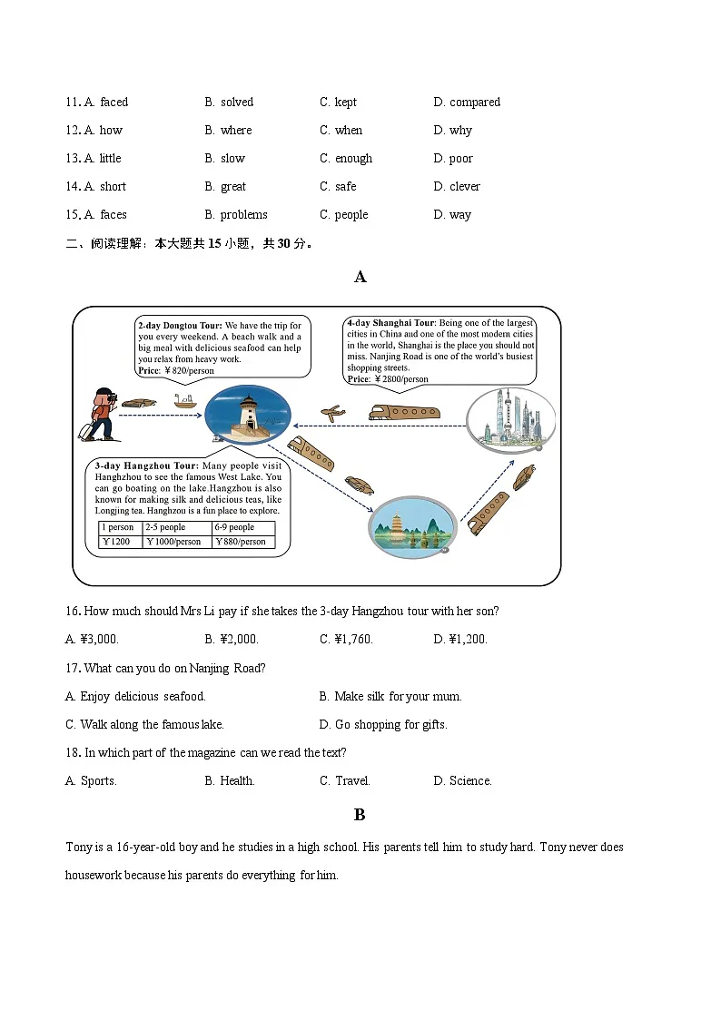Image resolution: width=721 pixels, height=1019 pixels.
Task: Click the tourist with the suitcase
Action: tap(99, 415)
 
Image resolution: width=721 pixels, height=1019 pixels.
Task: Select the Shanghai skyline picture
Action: tap(510, 418)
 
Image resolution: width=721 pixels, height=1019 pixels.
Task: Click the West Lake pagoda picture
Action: tap(411, 526)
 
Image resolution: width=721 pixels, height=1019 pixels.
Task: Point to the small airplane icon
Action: tap(333, 413)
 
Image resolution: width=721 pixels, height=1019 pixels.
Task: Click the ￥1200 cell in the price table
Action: tap(118, 542)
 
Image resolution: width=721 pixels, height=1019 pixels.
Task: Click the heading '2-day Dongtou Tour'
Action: tap(180, 325)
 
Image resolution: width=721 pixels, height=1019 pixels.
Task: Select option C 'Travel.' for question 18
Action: tap(345, 780)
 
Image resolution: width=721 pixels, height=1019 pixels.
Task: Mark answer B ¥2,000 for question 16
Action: tap(232, 639)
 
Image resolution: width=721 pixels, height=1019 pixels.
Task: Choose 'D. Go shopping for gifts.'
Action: tap(383, 724)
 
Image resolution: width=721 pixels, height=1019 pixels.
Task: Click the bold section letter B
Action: tap(360, 814)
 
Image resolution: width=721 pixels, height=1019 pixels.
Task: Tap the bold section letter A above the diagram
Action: tap(360, 277)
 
